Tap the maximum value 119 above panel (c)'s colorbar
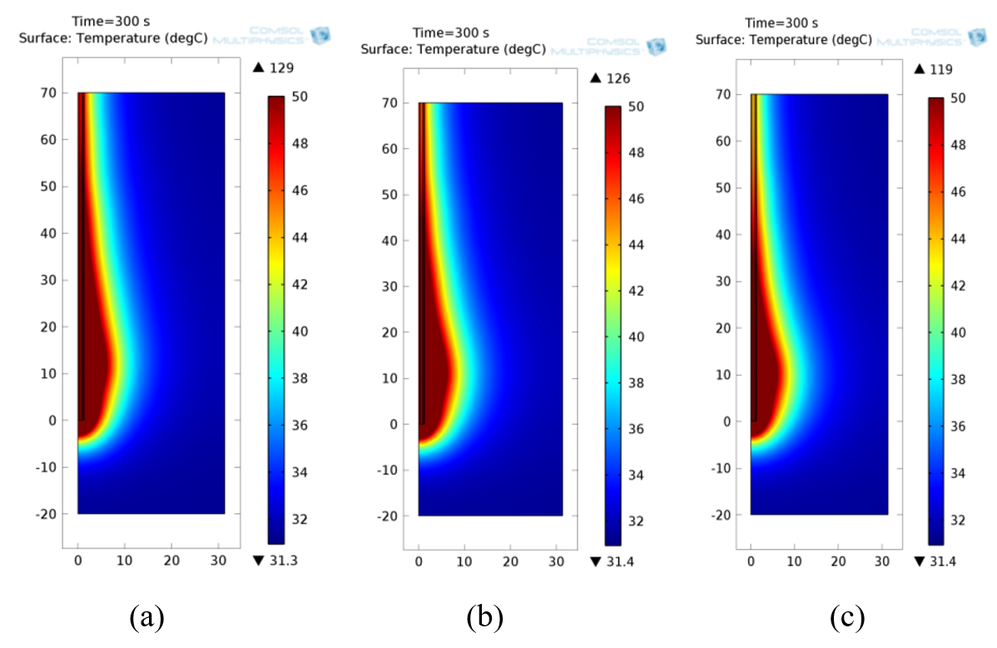(942, 69)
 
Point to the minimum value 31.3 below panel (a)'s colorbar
(280, 561)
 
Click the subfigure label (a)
(147, 617)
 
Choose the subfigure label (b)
(485, 617)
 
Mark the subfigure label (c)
(846, 617)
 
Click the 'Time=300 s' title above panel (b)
(451, 32)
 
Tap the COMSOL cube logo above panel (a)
(320, 35)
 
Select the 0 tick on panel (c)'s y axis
(726, 421)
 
